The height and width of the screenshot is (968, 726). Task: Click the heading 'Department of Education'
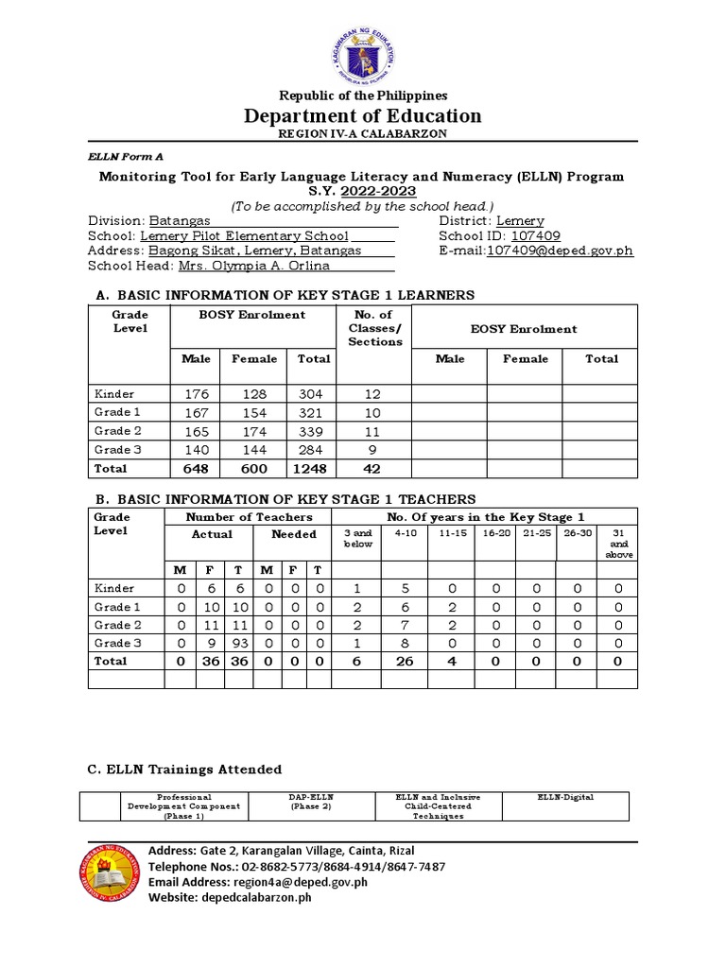pyautogui.click(x=363, y=115)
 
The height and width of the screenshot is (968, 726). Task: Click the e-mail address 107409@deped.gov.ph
pyautogui.click(x=560, y=251)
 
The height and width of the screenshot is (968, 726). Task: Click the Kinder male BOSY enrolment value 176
pyautogui.click(x=195, y=394)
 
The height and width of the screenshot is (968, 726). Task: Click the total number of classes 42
pyautogui.click(x=374, y=469)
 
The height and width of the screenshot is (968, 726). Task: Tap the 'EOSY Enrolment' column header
pyautogui.click(x=525, y=329)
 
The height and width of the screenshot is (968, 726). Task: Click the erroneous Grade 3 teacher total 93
pyautogui.click(x=238, y=643)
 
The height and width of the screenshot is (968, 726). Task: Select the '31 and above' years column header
pyautogui.click(x=618, y=544)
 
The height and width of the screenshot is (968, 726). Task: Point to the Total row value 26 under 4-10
pyautogui.click(x=405, y=662)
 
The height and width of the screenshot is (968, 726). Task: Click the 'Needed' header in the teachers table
pyautogui.click(x=294, y=534)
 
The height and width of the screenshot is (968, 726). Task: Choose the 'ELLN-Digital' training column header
pyautogui.click(x=565, y=798)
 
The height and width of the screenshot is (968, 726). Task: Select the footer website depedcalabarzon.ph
pyautogui.click(x=230, y=897)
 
